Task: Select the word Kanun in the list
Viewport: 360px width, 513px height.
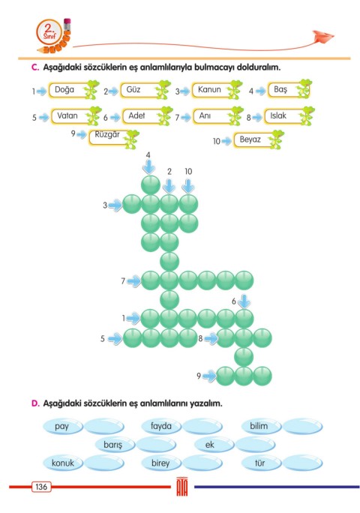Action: click(209, 89)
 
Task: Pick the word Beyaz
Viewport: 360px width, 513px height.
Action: click(250, 139)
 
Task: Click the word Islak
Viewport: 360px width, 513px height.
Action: click(278, 115)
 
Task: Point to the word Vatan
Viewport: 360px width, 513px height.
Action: click(67, 115)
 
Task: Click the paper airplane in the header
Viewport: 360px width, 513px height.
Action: click(322, 37)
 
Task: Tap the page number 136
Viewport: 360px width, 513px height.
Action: click(41, 487)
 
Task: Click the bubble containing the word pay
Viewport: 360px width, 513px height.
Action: click(62, 426)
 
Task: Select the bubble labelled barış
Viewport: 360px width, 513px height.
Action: click(114, 445)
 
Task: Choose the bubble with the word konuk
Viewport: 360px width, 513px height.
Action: click(62, 463)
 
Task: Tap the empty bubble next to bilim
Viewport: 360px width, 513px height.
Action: click(302, 426)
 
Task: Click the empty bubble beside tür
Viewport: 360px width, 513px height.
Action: click(302, 463)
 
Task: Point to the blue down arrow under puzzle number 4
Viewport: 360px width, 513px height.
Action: click(149, 167)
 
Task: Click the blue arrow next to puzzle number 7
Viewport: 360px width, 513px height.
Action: click(133, 280)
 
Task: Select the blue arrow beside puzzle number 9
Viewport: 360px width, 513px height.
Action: click(209, 376)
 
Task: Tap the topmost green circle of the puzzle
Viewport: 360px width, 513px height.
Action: click(151, 185)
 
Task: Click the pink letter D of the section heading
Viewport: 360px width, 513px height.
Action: click(35, 403)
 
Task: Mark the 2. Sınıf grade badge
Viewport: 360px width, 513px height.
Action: click(49, 32)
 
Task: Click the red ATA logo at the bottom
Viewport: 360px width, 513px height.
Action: click(182, 487)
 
